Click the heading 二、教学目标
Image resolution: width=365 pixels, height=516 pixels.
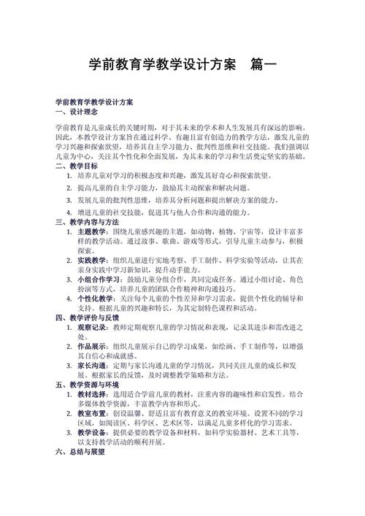76,166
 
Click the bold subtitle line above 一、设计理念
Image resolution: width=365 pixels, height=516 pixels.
99,104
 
